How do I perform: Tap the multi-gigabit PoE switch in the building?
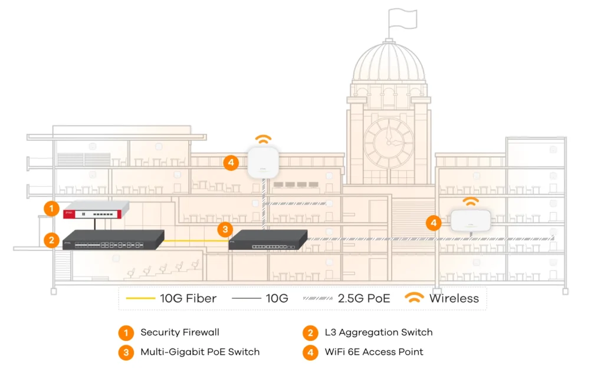click(268, 239)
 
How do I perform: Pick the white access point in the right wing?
click(470, 221)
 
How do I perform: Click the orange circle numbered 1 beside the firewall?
click(52, 208)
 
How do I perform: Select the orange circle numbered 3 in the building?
click(225, 229)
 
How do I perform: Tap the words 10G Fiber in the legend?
click(188, 298)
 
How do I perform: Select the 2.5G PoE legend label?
click(364, 298)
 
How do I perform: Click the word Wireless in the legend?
click(454, 298)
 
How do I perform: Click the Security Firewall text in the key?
click(180, 333)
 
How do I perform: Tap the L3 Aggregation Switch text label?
click(379, 333)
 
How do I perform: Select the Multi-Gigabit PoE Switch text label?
click(200, 352)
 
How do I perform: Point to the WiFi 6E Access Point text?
click(374, 352)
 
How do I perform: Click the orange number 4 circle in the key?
click(310, 352)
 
